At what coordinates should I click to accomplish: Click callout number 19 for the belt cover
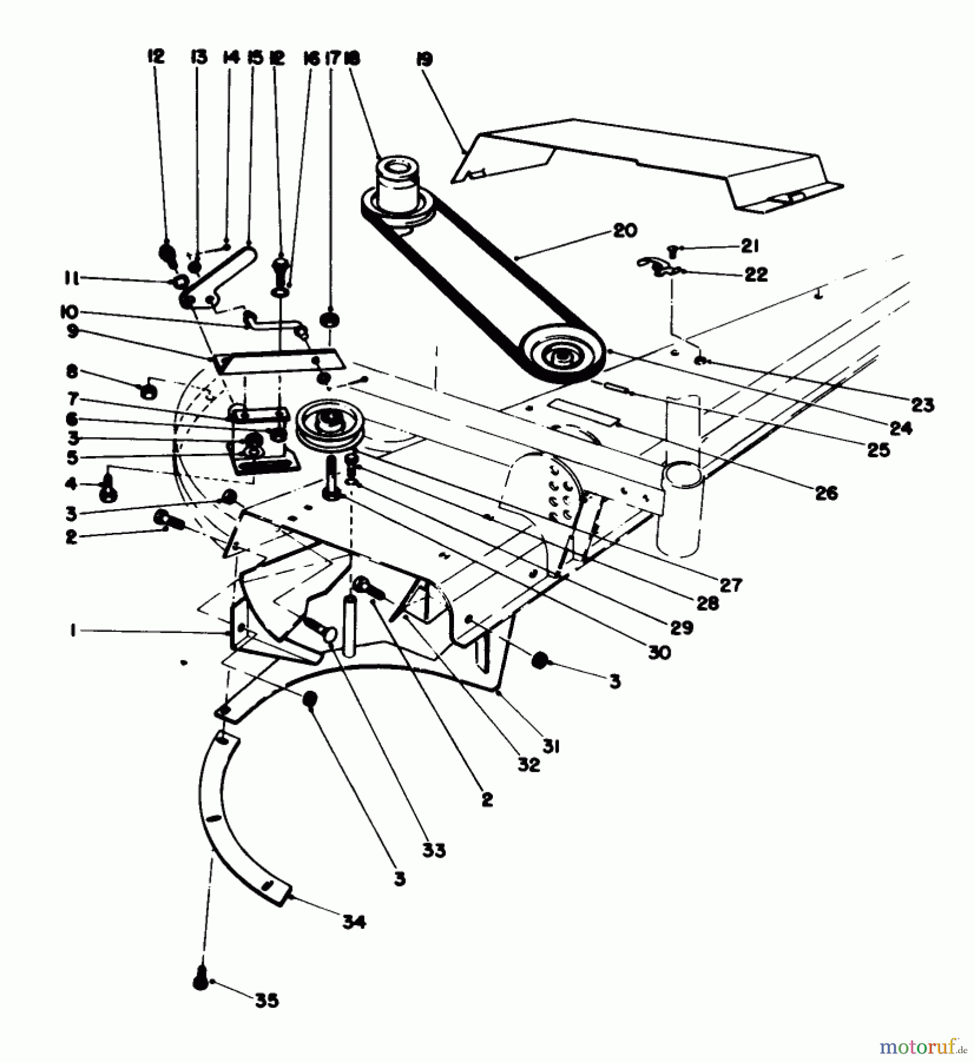point(424,60)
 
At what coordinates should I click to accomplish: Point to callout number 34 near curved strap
point(354,921)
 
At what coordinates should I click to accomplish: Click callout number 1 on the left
point(71,631)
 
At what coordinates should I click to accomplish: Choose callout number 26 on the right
point(826,493)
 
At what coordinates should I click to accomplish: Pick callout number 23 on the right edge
point(923,405)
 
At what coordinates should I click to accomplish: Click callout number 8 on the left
point(72,372)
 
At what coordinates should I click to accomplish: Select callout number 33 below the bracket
point(434,851)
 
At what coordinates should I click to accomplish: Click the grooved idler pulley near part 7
point(329,426)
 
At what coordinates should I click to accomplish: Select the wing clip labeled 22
point(655,267)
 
